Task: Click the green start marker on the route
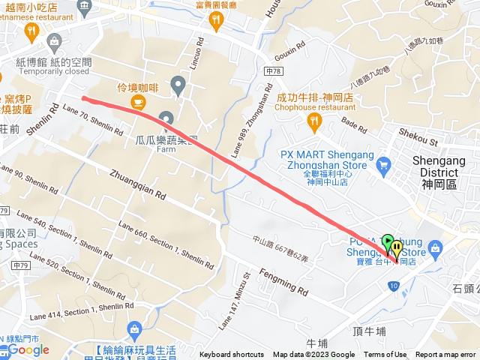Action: point(388,242)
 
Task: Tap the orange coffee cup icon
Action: point(136,101)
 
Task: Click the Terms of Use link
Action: point(385,355)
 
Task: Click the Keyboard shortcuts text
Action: point(232,355)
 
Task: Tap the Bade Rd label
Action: point(353,121)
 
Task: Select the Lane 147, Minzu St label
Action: point(232,303)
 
